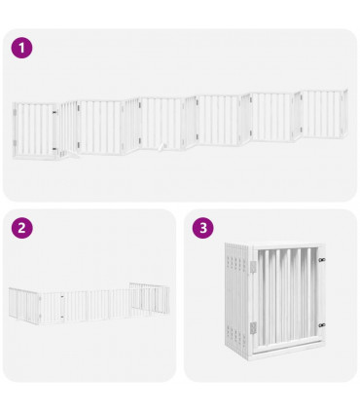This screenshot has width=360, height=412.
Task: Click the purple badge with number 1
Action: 21,47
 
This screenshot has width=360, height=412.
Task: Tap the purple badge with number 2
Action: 21,228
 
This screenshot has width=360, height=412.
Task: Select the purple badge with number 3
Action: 202,228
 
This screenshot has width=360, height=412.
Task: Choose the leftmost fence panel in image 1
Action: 33,130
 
